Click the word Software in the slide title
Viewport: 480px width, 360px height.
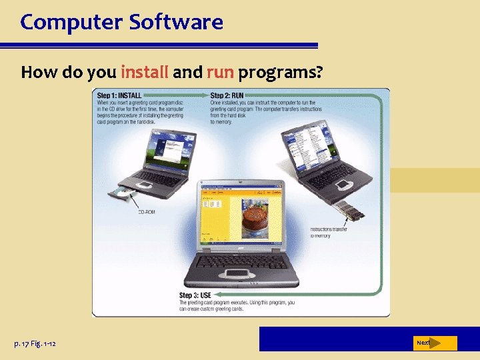177,23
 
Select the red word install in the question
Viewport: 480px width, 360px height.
145,72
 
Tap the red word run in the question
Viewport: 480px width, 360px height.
220,72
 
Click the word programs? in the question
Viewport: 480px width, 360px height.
281,72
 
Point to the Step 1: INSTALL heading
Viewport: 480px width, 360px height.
120,95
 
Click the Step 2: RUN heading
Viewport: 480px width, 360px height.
227,95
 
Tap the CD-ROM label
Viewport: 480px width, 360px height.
147,213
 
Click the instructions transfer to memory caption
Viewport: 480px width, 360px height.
329,233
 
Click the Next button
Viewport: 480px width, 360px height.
425,343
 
